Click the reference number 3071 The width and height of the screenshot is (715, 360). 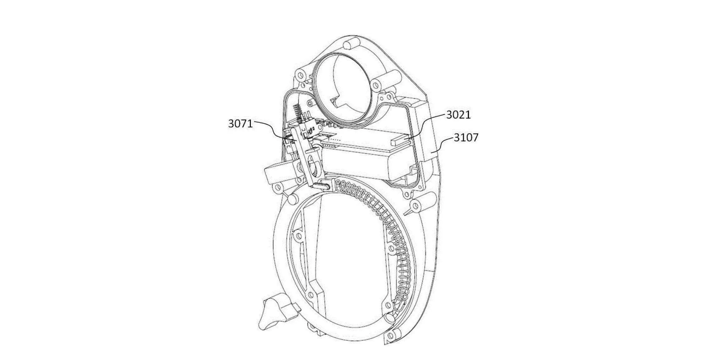pyautogui.click(x=240, y=123)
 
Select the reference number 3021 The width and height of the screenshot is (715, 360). pyautogui.click(x=458, y=115)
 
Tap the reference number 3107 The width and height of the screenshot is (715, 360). pyautogui.click(x=466, y=137)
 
